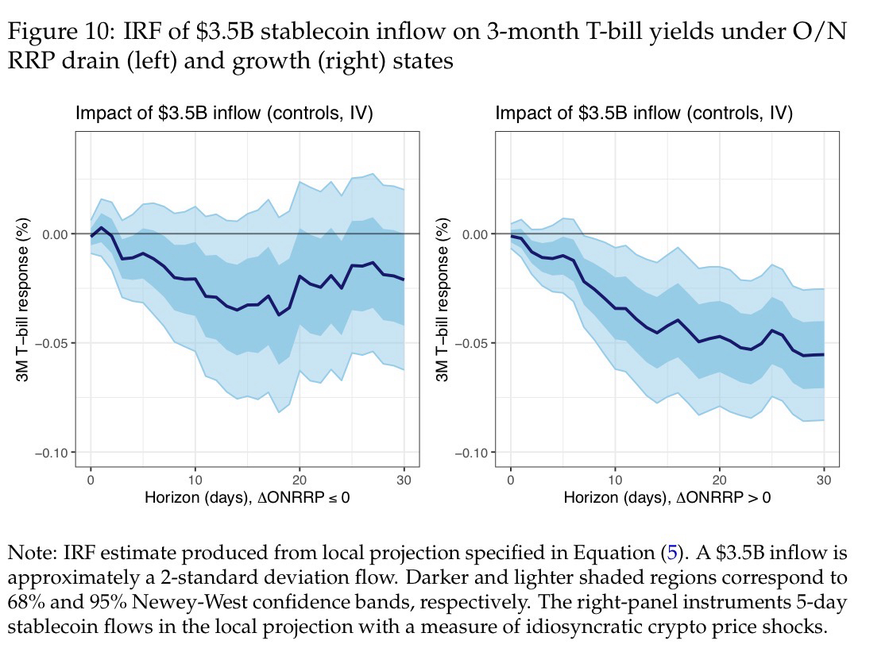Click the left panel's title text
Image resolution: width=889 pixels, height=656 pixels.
[224, 114]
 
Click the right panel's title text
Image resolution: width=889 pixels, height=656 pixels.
[644, 114]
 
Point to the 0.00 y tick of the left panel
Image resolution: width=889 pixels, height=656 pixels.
[56, 234]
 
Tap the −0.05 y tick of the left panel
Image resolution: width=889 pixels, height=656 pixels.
[52, 343]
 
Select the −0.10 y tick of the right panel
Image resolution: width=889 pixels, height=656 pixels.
[472, 453]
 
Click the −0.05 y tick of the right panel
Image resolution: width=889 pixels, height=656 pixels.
[472, 343]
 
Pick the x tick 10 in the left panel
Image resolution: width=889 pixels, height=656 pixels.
[195, 480]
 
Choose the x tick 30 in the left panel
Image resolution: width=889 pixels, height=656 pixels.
[404, 480]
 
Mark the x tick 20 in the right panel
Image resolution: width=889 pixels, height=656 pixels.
[719, 480]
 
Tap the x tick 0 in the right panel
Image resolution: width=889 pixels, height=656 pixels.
[510, 480]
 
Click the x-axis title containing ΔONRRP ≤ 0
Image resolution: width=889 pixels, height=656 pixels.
[247, 498]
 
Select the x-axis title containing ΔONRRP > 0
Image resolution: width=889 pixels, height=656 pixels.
[667, 498]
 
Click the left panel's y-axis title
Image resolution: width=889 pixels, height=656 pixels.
[23, 299]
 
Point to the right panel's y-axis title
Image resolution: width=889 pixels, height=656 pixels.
[443, 299]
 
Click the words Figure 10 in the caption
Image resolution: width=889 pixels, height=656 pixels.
[56, 33]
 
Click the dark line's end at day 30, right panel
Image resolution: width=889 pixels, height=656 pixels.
[823, 354]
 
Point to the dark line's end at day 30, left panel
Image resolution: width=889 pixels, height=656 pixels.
[404, 280]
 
